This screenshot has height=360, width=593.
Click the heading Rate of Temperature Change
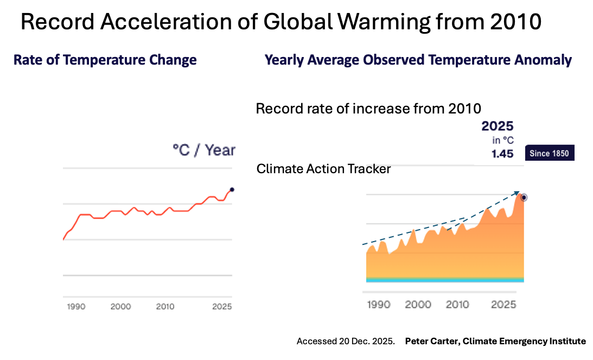click(105, 60)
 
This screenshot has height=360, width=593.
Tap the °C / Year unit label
click(203, 150)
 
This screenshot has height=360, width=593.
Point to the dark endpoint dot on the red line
click(232, 190)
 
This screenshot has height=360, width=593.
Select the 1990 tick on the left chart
click(76, 307)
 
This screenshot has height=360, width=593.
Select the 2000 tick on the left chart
click(120, 307)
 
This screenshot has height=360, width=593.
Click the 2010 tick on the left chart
click(165, 307)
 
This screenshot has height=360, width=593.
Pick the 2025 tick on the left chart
click(222, 307)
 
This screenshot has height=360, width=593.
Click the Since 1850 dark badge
click(549, 154)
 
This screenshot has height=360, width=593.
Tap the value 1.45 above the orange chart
click(502, 154)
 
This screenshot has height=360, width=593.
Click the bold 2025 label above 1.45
click(497, 127)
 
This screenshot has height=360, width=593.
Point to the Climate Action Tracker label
click(323, 169)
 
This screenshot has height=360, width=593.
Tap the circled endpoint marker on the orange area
click(524, 198)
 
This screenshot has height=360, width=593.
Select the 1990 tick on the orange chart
click(378, 305)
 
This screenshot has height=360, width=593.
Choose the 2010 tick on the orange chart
click(457, 305)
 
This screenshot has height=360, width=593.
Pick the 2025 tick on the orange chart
click(503, 305)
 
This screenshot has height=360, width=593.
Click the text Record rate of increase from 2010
click(368, 109)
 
